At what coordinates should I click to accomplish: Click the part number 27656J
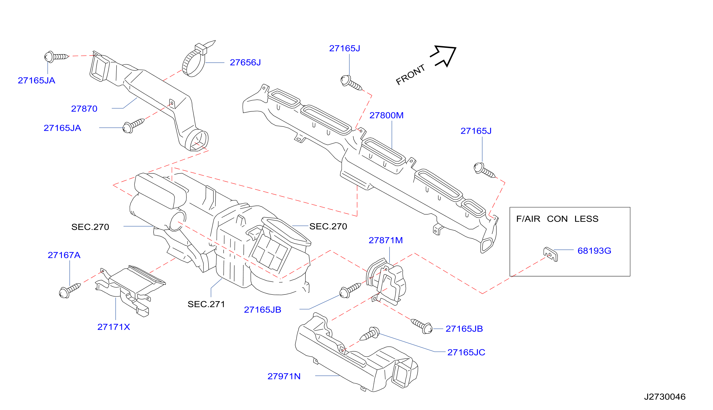(x=245, y=62)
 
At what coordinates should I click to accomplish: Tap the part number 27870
(x=84, y=109)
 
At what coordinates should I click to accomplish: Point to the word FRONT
(x=410, y=75)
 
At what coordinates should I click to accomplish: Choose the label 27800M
(x=386, y=115)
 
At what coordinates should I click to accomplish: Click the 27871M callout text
(x=385, y=240)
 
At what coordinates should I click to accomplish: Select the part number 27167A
(x=64, y=255)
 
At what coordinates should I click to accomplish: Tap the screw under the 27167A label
(x=70, y=291)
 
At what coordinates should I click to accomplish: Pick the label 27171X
(x=114, y=327)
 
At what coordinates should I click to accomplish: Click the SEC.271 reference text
(x=206, y=304)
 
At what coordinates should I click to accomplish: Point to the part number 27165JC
(x=466, y=353)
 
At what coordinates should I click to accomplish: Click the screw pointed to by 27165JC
(x=370, y=334)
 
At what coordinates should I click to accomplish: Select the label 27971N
(x=284, y=377)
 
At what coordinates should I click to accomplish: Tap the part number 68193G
(x=594, y=251)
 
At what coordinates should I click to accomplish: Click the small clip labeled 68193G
(x=550, y=254)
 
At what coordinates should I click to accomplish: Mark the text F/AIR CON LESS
(x=557, y=219)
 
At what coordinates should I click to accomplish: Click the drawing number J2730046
(x=665, y=397)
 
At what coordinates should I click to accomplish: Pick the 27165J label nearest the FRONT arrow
(x=345, y=48)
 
